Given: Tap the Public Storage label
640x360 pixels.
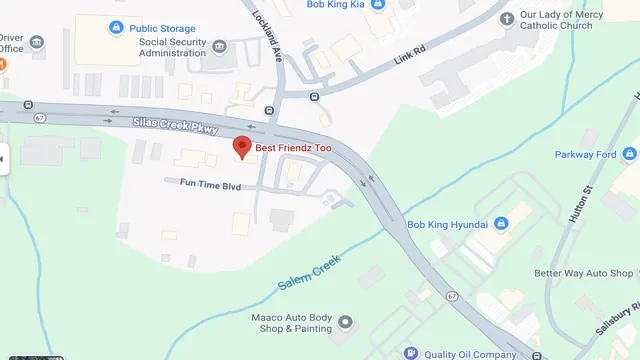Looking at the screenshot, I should click(x=162, y=28).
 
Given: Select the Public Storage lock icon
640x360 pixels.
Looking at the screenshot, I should click(x=117, y=27).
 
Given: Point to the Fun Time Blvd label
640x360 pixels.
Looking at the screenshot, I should click(x=211, y=183).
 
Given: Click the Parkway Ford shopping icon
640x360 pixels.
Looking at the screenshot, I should click(x=629, y=154).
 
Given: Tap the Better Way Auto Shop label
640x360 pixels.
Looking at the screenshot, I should click(x=583, y=272).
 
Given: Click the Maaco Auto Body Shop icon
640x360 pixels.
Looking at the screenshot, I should click(x=346, y=322).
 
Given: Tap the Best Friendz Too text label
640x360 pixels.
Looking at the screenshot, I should click(x=293, y=148).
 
